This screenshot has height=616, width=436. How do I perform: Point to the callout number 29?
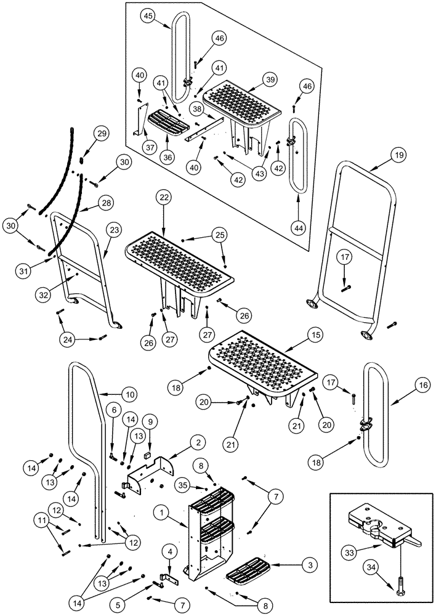click(x=101, y=134)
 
